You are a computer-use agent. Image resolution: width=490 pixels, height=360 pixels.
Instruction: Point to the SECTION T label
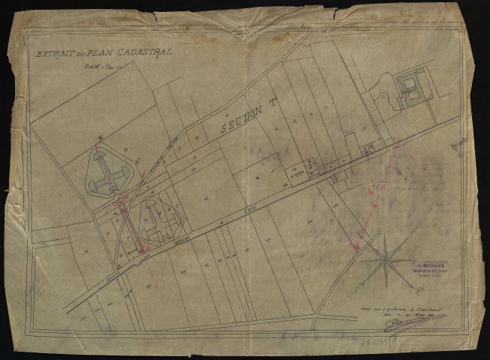pos(244,118)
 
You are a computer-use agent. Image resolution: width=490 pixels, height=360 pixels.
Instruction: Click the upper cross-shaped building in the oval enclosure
pos(111,173)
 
